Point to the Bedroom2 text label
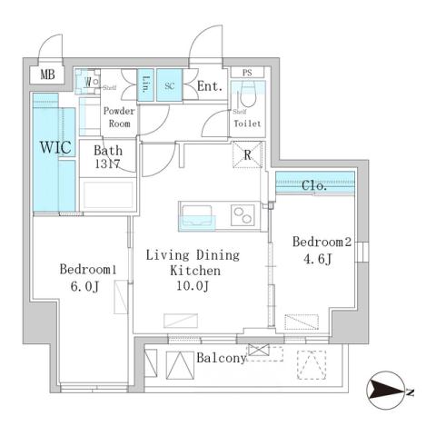[321, 242]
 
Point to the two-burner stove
[243, 215]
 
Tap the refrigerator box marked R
[247, 154]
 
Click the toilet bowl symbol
[245, 97]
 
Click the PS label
[246, 72]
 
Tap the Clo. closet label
[315, 186]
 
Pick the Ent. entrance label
[209, 87]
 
